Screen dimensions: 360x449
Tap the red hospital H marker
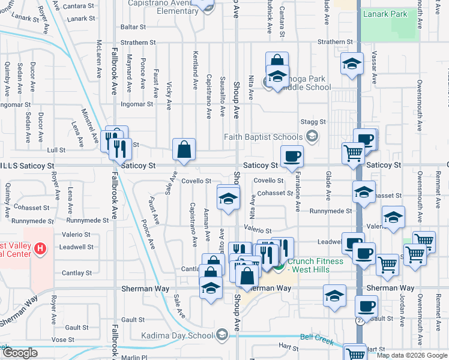click(x=40, y=248)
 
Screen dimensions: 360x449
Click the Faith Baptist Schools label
click(x=264, y=137)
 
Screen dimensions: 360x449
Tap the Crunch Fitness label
click(x=316, y=265)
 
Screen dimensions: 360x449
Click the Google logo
click(x=19, y=353)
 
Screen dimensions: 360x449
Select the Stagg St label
click(x=313, y=121)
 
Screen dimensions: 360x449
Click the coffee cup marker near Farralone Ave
click(x=292, y=157)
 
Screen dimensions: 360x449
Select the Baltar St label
click(x=133, y=27)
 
